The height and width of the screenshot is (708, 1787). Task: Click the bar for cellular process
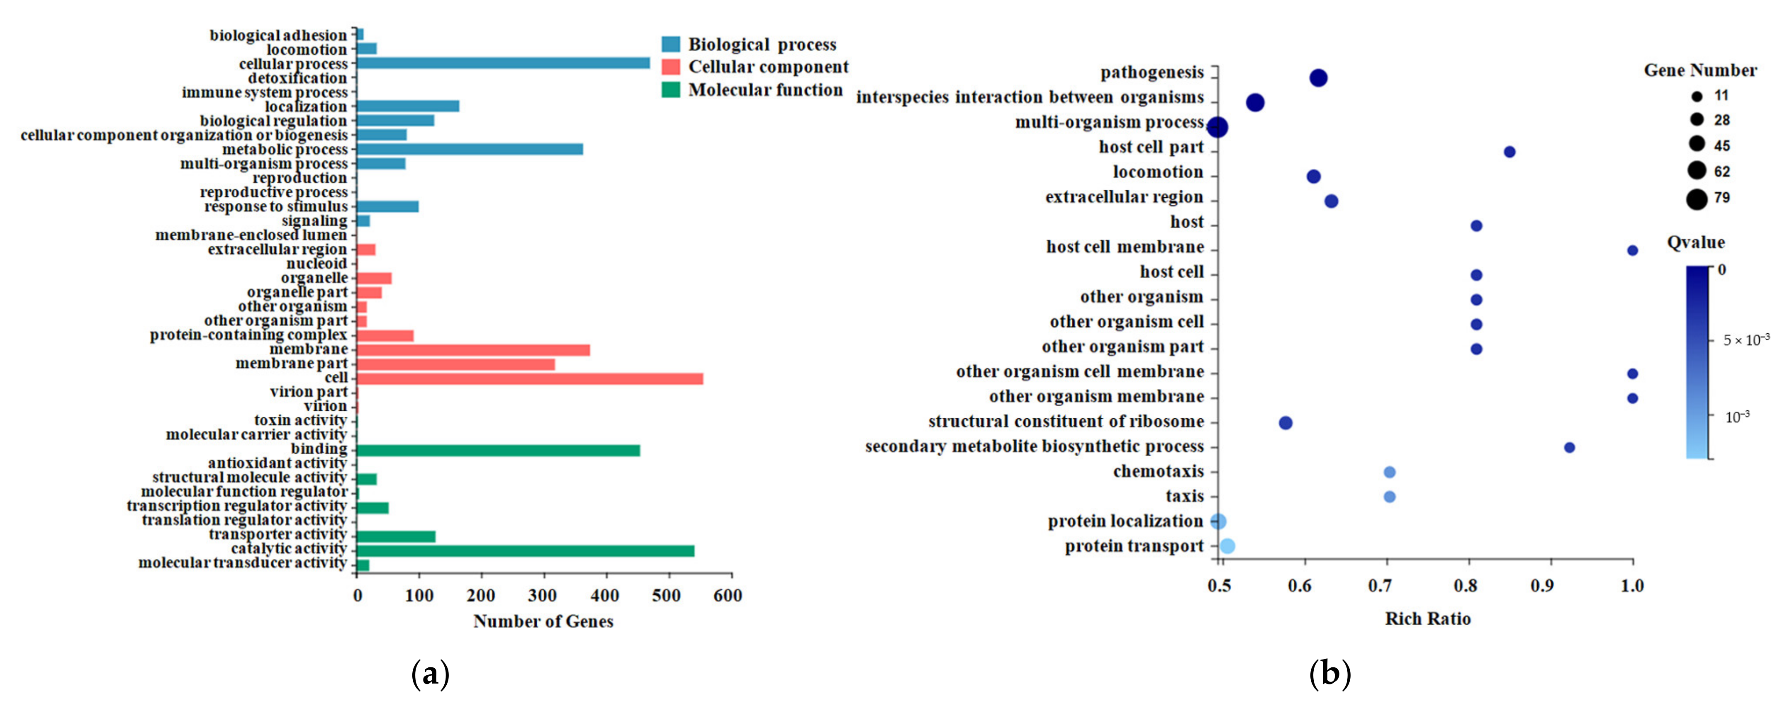click(x=502, y=63)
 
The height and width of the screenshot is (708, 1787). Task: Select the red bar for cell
click(x=529, y=378)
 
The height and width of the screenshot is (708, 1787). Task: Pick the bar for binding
click(x=497, y=451)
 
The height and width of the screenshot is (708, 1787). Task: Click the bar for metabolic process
click(x=469, y=149)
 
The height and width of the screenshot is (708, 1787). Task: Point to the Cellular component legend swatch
click(x=671, y=67)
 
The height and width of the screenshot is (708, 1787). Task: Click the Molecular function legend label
click(x=765, y=90)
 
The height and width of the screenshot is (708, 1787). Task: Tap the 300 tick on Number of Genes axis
click(x=543, y=595)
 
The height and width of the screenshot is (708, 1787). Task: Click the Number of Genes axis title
click(x=543, y=621)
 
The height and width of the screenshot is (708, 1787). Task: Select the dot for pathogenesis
click(x=1318, y=78)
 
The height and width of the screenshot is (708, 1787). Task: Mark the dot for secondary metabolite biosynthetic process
click(x=1569, y=447)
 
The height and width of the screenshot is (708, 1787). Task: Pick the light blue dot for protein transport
click(x=1227, y=546)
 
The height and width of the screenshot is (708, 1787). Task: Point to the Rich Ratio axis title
click(x=1428, y=618)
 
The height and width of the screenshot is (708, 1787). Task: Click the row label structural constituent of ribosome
click(x=1066, y=422)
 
